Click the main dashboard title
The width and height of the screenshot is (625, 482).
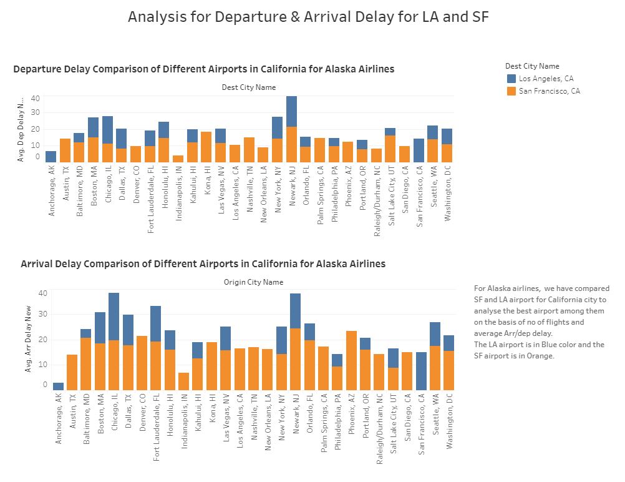click(308, 17)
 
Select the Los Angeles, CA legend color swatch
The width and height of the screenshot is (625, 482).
click(511, 79)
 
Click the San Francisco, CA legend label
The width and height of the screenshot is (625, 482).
click(549, 91)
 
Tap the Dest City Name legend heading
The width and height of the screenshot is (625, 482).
click(532, 66)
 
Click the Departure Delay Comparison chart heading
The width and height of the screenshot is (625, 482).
click(203, 69)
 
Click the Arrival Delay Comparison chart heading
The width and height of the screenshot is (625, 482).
click(203, 264)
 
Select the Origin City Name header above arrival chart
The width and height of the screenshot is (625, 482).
click(253, 282)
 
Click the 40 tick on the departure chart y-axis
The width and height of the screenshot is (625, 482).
click(35, 99)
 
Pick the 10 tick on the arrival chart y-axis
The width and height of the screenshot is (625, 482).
click(43, 365)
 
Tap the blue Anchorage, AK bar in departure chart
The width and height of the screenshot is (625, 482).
click(51, 157)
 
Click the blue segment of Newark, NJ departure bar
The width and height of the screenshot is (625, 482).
click(291, 111)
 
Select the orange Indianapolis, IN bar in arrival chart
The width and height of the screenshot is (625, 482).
click(183, 381)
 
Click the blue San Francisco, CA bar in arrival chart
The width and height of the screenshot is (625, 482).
click(421, 371)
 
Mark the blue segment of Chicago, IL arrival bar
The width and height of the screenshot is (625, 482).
click(114, 317)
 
